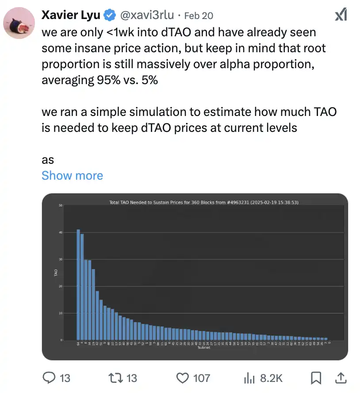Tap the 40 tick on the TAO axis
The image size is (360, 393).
click(x=60, y=232)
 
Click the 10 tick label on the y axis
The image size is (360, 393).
click(x=60, y=313)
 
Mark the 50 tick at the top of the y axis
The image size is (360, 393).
click(x=60, y=205)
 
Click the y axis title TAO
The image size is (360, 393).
click(x=56, y=273)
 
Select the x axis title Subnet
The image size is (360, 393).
click(x=204, y=348)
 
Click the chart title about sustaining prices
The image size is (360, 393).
click(x=204, y=202)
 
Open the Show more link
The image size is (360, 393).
click(x=72, y=175)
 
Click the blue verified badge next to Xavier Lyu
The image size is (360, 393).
click(x=109, y=15)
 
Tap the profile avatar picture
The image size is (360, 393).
click(x=19, y=23)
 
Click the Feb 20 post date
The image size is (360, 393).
click(x=198, y=15)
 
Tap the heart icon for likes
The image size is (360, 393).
click(x=182, y=378)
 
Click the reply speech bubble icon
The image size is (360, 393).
click(x=48, y=378)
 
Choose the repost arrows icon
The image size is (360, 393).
click(x=115, y=378)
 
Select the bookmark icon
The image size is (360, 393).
click(x=316, y=378)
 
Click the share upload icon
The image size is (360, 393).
click(x=341, y=378)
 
